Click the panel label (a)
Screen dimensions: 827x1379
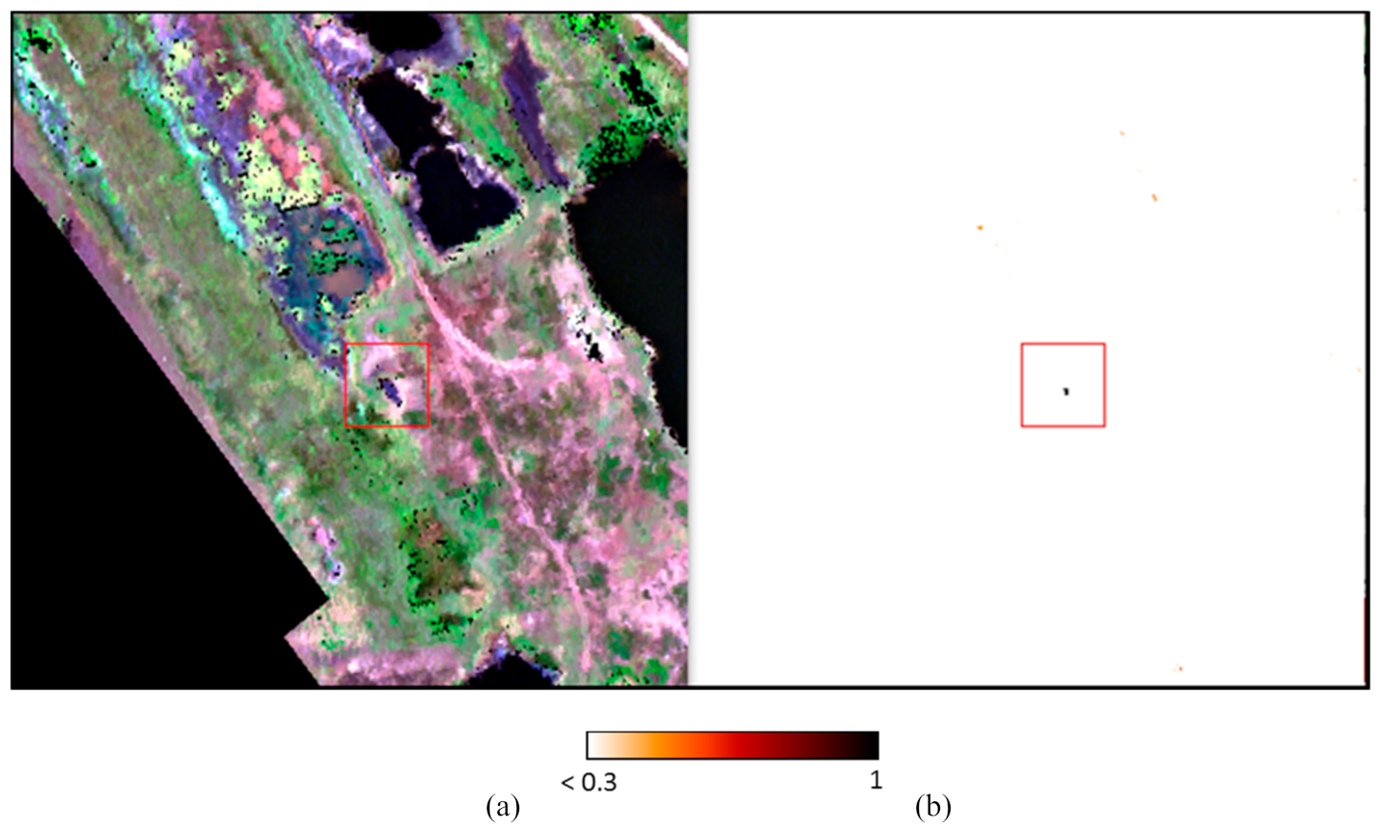click(x=503, y=807)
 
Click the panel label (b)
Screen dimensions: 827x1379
click(x=932, y=807)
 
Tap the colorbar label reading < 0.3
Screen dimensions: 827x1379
click(x=588, y=783)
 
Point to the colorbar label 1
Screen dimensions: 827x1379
click(x=875, y=780)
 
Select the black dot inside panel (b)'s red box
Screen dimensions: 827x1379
click(x=1066, y=390)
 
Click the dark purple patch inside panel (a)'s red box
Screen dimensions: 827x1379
click(x=389, y=389)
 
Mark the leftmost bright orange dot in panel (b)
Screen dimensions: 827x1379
click(x=980, y=228)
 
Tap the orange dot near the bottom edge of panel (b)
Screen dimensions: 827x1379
click(x=1181, y=669)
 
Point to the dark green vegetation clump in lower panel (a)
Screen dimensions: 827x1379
click(x=429, y=544)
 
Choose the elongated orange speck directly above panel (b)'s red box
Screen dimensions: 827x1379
click(x=1155, y=197)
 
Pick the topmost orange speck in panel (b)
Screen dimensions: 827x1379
click(x=1122, y=134)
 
